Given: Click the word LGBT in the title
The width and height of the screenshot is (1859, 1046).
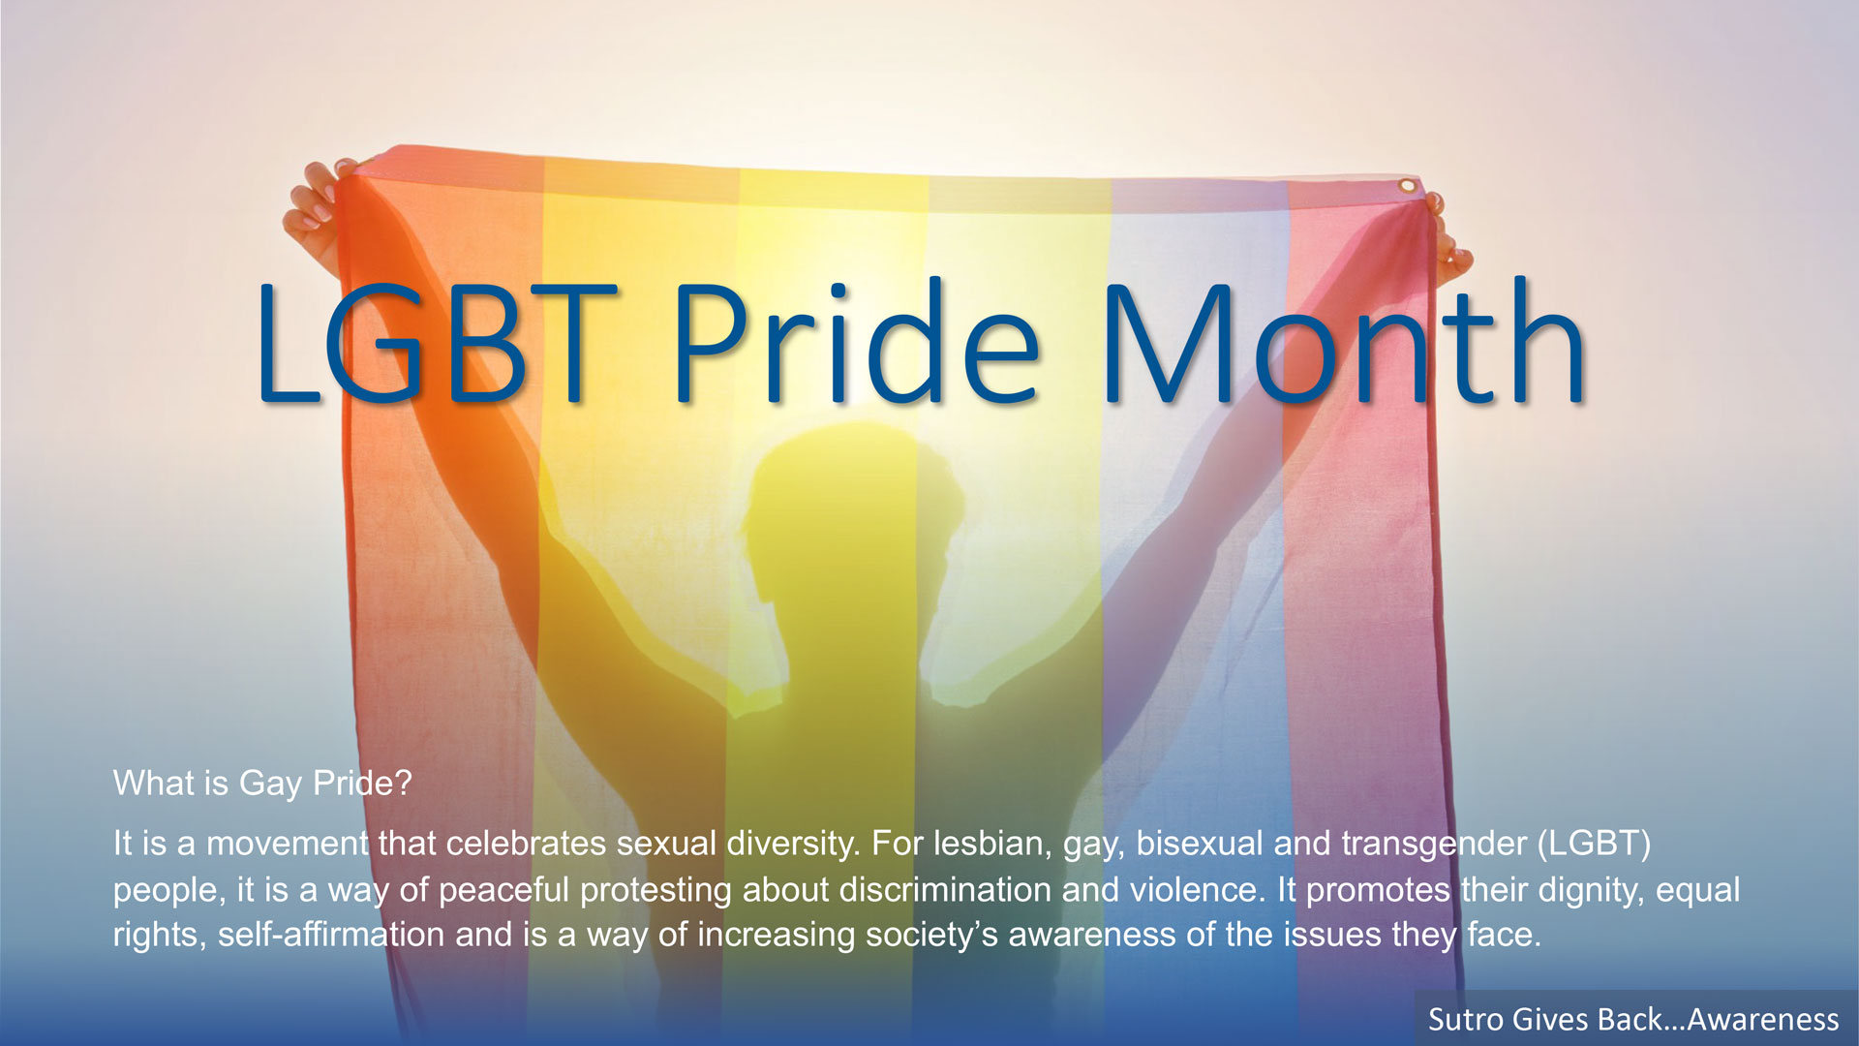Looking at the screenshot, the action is pyautogui.click(x=436, y=344).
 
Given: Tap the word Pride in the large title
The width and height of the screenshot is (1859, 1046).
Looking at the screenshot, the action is pyautogui.click(x=857, y=342).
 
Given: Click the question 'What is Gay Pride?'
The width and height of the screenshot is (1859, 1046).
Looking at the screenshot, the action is pyautogui.click(x=262, y=784).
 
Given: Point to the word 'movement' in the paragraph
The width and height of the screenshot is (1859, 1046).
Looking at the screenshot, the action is pyautogui.click(x=288, y=844).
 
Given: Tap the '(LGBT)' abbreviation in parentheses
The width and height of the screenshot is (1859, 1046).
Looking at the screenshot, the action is pyautogui.click(x=1595, y=844).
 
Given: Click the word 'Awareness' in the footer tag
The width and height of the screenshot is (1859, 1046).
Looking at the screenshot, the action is pyautogui.click(x=1763, y=1019).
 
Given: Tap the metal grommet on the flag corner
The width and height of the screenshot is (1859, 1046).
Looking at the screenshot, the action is pyautogui.click(x=1406, y=185).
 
